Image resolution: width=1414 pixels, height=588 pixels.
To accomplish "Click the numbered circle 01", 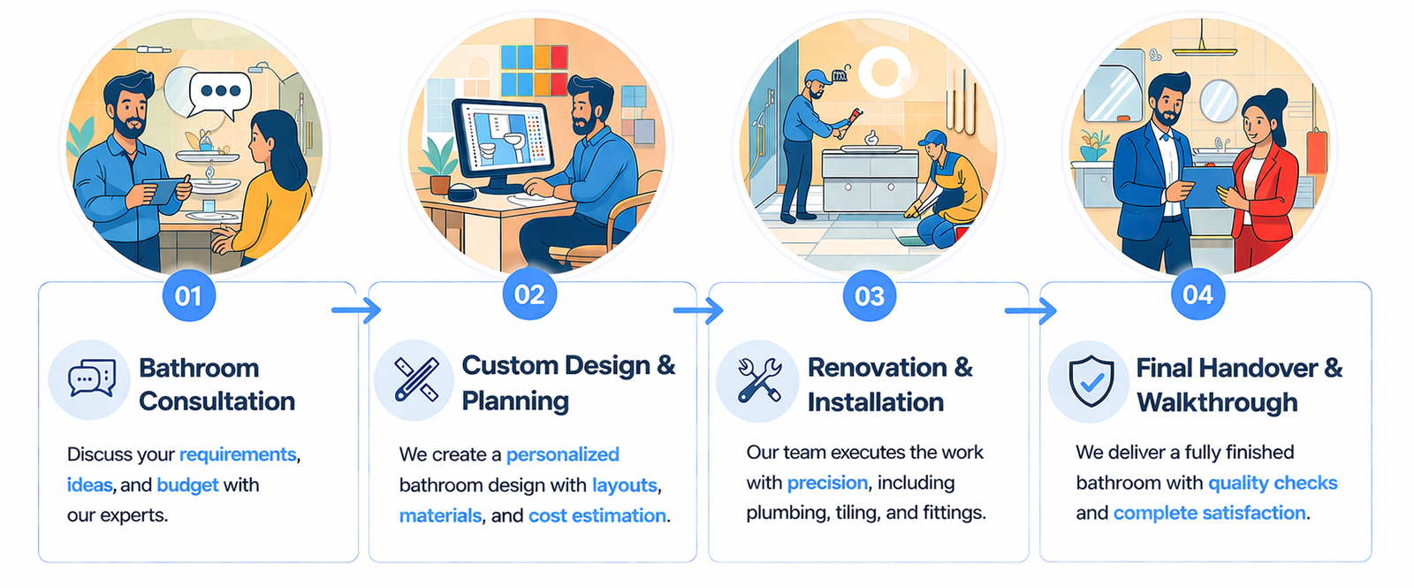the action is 189,295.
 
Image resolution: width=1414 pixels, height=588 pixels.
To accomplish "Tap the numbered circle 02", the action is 529,294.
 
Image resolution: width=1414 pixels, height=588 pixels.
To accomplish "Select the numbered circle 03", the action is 870,295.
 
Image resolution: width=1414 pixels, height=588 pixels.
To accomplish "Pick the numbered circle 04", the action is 1197,294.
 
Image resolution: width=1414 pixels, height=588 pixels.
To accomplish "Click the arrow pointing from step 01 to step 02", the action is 357,309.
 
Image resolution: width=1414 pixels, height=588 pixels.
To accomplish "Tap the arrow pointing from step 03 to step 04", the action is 1030,310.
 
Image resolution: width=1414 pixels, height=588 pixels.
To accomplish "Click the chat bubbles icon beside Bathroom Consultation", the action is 92,378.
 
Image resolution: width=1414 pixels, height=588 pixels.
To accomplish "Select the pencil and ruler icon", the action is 416,379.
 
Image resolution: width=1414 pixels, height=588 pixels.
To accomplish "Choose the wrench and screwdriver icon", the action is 759,380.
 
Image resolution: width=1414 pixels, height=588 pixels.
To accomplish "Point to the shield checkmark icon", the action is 1091,381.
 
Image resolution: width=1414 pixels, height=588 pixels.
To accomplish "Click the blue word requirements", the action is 238,454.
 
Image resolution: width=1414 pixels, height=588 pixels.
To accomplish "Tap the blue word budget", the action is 187,485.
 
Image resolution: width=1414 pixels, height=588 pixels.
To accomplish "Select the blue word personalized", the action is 562,454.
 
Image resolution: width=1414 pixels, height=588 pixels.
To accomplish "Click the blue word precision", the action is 827,483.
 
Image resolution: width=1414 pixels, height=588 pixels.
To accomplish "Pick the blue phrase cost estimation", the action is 597,515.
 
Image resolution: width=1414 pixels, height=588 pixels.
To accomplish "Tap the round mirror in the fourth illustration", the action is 1218,101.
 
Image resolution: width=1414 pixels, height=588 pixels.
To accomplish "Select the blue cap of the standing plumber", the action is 817,78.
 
